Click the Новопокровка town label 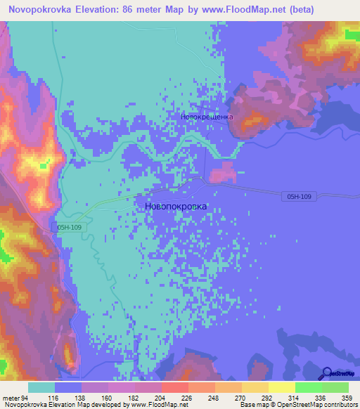click(176, 207)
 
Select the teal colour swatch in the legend click(41, 387)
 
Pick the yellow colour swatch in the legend click(281, 387)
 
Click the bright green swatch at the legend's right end click(335, 387)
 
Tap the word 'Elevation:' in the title click(100, 9)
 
